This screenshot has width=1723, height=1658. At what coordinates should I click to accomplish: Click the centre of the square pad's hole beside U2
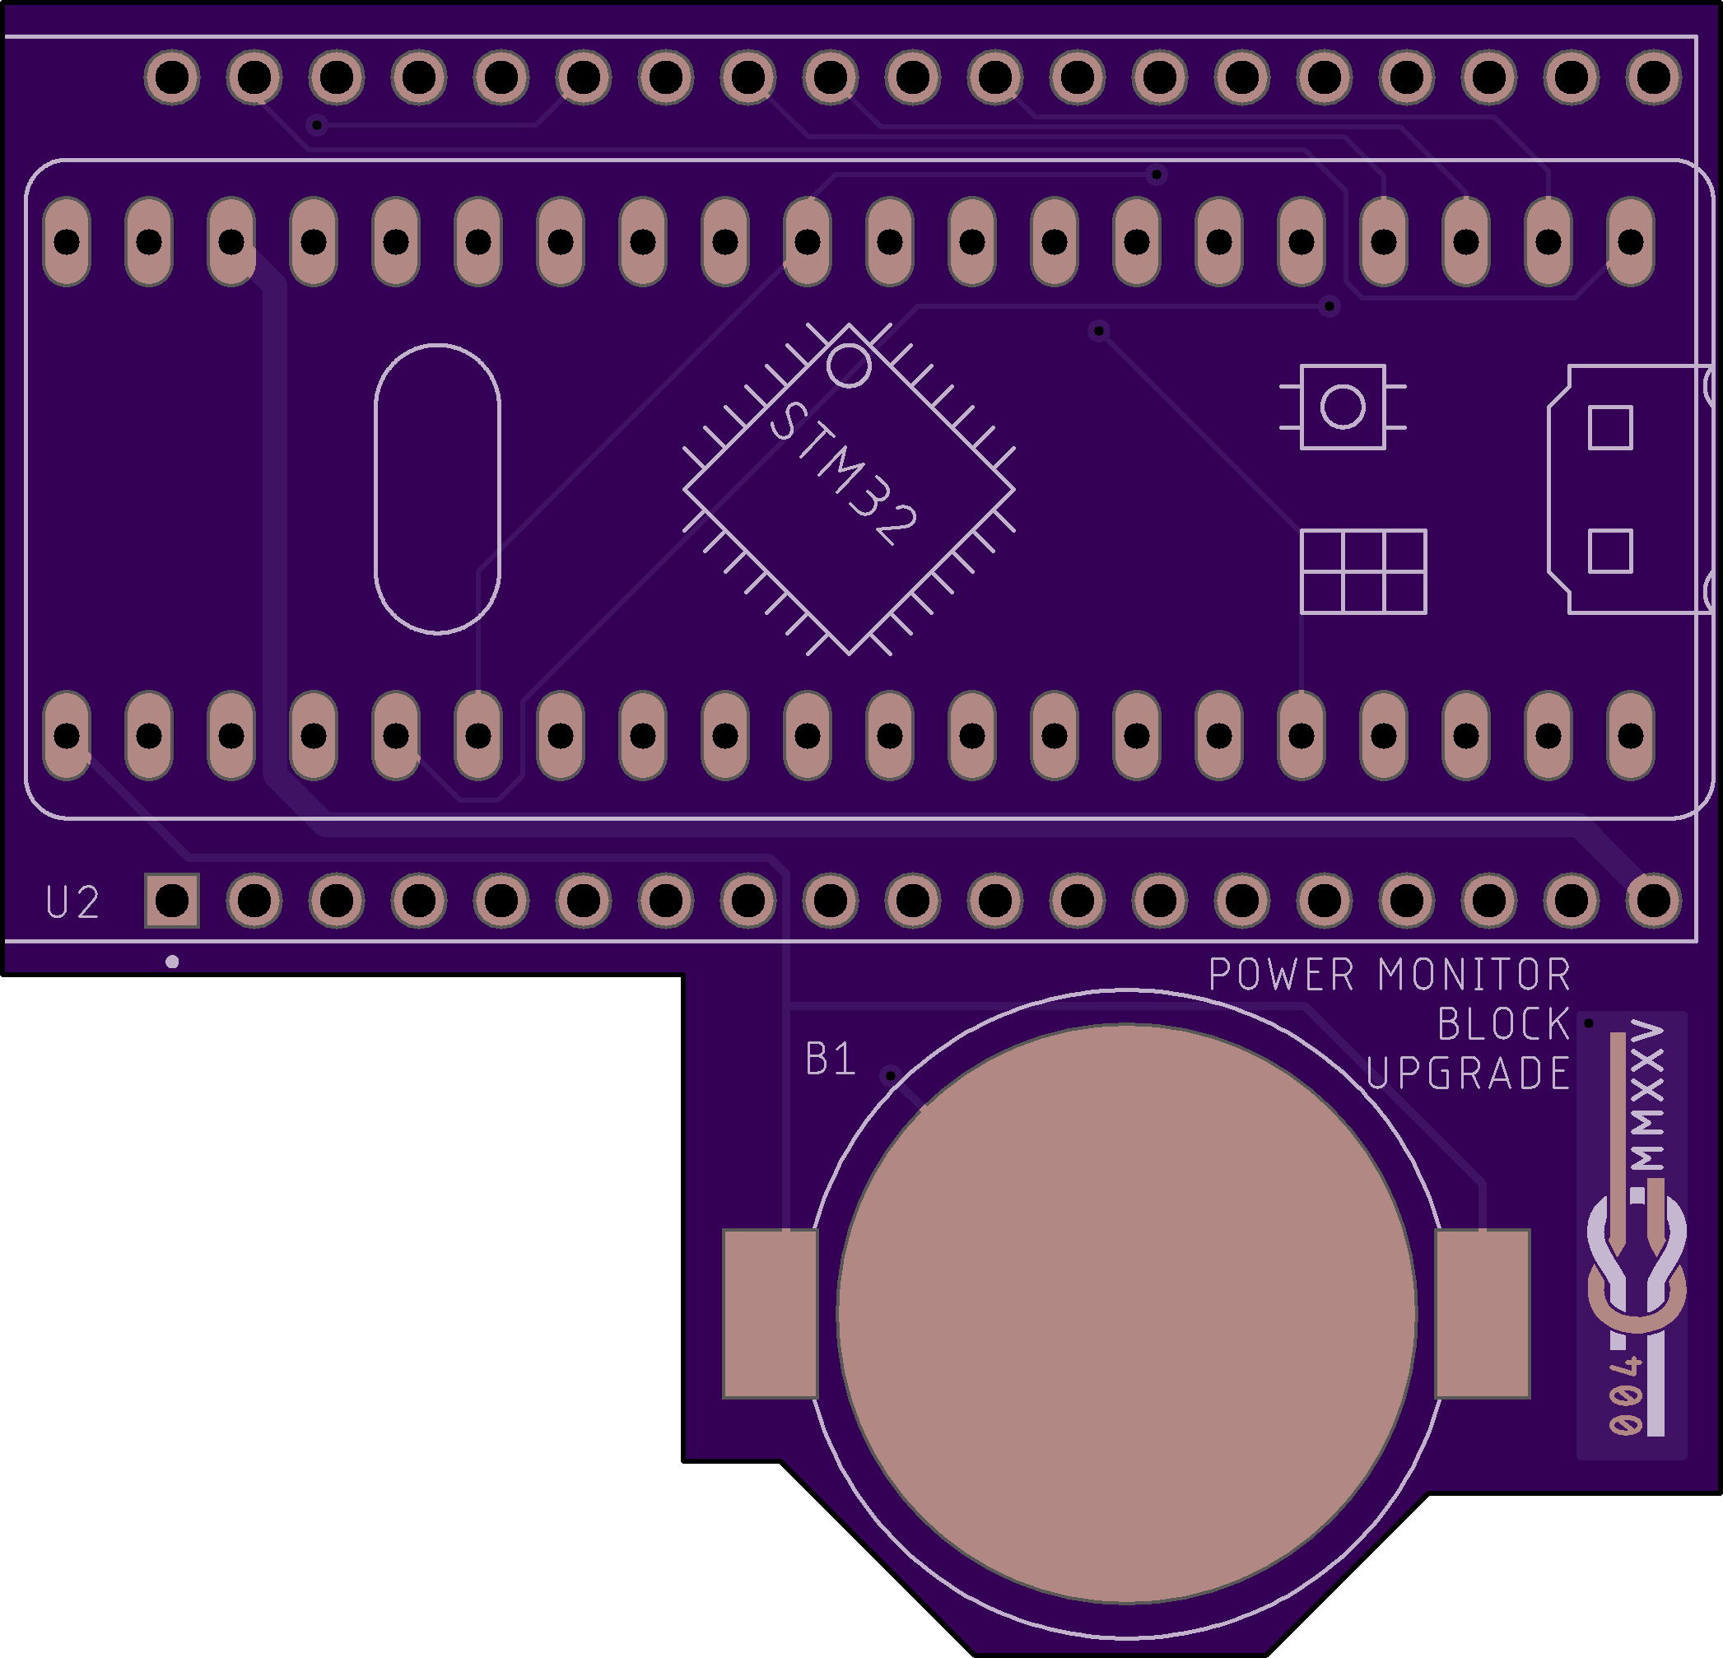click(x=172, y=900)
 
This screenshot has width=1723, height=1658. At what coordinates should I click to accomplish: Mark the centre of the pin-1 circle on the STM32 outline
click(x=848, y=365)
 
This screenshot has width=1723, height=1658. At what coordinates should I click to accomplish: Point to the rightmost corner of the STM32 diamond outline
click(x=1014, y=489)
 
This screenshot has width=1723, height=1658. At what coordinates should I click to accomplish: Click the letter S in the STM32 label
click(x=788, y=422)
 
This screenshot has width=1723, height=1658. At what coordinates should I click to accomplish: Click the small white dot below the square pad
click(x=172, y=962)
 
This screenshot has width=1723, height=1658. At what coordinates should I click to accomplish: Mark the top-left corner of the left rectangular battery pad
click(x=724, y=1230)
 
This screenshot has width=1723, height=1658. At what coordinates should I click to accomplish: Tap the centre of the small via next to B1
click(x=891, y=1075)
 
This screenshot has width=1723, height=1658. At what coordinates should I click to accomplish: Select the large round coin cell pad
click(x=1126, y=1313)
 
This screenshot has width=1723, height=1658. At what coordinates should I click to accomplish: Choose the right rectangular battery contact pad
click(x=1483, y=1313)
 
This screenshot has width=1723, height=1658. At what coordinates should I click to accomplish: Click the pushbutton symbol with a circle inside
click(x=1343, y=406)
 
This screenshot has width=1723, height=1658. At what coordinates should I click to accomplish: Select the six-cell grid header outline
click(x=1363, y=571)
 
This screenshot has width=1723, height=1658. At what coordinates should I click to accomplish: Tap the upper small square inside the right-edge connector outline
click(x=1610, y=428)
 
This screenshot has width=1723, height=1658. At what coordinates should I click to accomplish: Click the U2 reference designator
click(x=72, y=903)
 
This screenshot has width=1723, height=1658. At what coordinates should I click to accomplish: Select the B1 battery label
click(x=830, y=1060)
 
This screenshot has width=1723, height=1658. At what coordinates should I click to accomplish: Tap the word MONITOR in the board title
click(x=1474, y=975)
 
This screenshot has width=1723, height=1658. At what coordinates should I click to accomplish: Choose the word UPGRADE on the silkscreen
click(x=1468, y=1074)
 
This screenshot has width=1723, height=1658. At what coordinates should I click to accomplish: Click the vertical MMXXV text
click(x=1646, y=1097)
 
